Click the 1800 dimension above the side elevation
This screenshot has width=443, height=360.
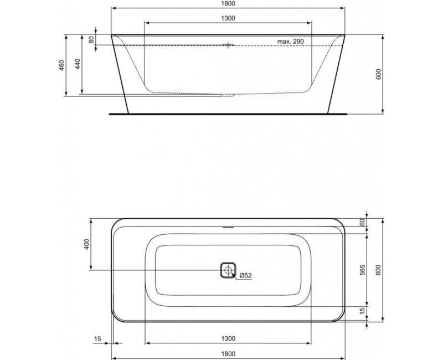228,4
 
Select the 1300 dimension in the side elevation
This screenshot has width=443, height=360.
228,18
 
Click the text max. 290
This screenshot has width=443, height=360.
291,42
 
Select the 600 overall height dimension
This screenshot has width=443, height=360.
379,75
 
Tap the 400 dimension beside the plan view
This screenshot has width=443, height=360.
86,244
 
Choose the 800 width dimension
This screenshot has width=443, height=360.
378,270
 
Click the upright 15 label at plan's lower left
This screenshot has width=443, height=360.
97,338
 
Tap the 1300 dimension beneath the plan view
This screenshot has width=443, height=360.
228,338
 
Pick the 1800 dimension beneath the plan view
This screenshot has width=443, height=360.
228,353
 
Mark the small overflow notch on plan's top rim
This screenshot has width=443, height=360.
228,227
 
